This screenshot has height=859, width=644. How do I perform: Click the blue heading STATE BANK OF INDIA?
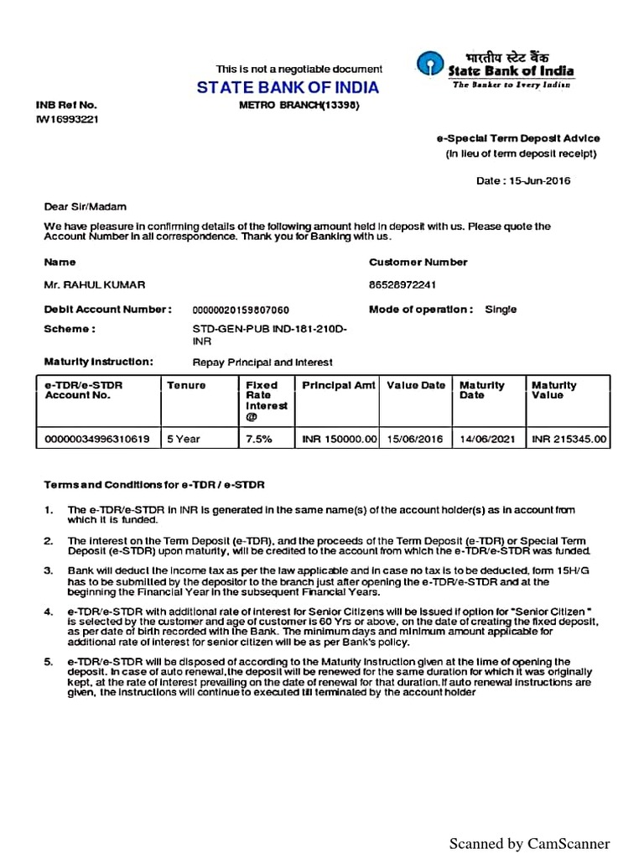pyautogui.click(x=288, y=88)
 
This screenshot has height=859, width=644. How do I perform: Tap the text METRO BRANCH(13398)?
pyautogui.click(x=288, y=105)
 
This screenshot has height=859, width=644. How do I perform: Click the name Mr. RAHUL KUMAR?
pyautogui.click(x=88, y=285)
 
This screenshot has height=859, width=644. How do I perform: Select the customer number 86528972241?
pyautogui.click(x=402, y=285)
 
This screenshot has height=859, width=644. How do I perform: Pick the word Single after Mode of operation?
pyautogui.click(x=501, y=310)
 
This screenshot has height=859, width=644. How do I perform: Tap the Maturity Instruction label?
pyautogui.click(x=98, y=362)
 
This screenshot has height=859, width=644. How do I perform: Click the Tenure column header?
pyautogui.click(x=186, y=386)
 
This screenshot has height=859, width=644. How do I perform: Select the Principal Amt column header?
pyautogui.click(x=338, y=386)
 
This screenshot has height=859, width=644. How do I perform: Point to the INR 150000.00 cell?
pyautogui.click(x=340, y=439)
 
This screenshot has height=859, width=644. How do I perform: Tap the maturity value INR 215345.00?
pyautogui.click(x=569, y=439)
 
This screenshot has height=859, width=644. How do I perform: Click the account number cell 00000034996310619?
pyautogui.click(x=96, y=439)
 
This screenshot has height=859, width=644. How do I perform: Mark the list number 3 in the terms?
pyautogui.click(x=49, y=570)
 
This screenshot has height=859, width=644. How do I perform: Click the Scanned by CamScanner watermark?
pyautogui.click(x=529, y=843)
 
